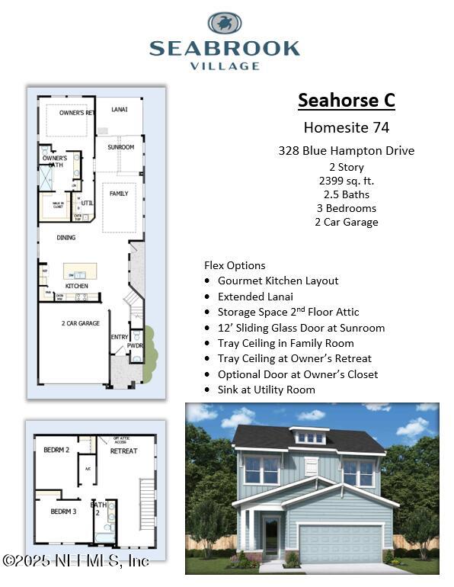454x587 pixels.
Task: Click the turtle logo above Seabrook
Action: [225, 23]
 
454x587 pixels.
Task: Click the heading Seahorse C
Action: [347, 101]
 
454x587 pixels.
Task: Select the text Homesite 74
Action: [347, 127]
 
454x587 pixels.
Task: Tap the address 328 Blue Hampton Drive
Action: [347, 151]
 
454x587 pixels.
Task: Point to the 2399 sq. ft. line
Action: [347, 181]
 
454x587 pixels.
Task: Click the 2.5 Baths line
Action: [347, 194]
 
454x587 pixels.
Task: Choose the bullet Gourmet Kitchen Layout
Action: [278, 281]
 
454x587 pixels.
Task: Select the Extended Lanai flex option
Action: [255, 297]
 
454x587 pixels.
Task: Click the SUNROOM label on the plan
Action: [120, 147]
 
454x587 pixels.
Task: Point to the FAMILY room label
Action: [119, 194]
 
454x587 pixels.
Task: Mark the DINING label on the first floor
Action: [66, 238]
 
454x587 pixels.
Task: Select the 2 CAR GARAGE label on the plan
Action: [80, 323]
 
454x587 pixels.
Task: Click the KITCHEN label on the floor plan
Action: [76, 286]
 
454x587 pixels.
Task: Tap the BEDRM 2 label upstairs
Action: [56, 450]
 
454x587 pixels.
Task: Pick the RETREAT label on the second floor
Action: [123, 451]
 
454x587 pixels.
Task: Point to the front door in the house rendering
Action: [271, 537]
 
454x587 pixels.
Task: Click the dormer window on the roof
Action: [310, 438]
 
